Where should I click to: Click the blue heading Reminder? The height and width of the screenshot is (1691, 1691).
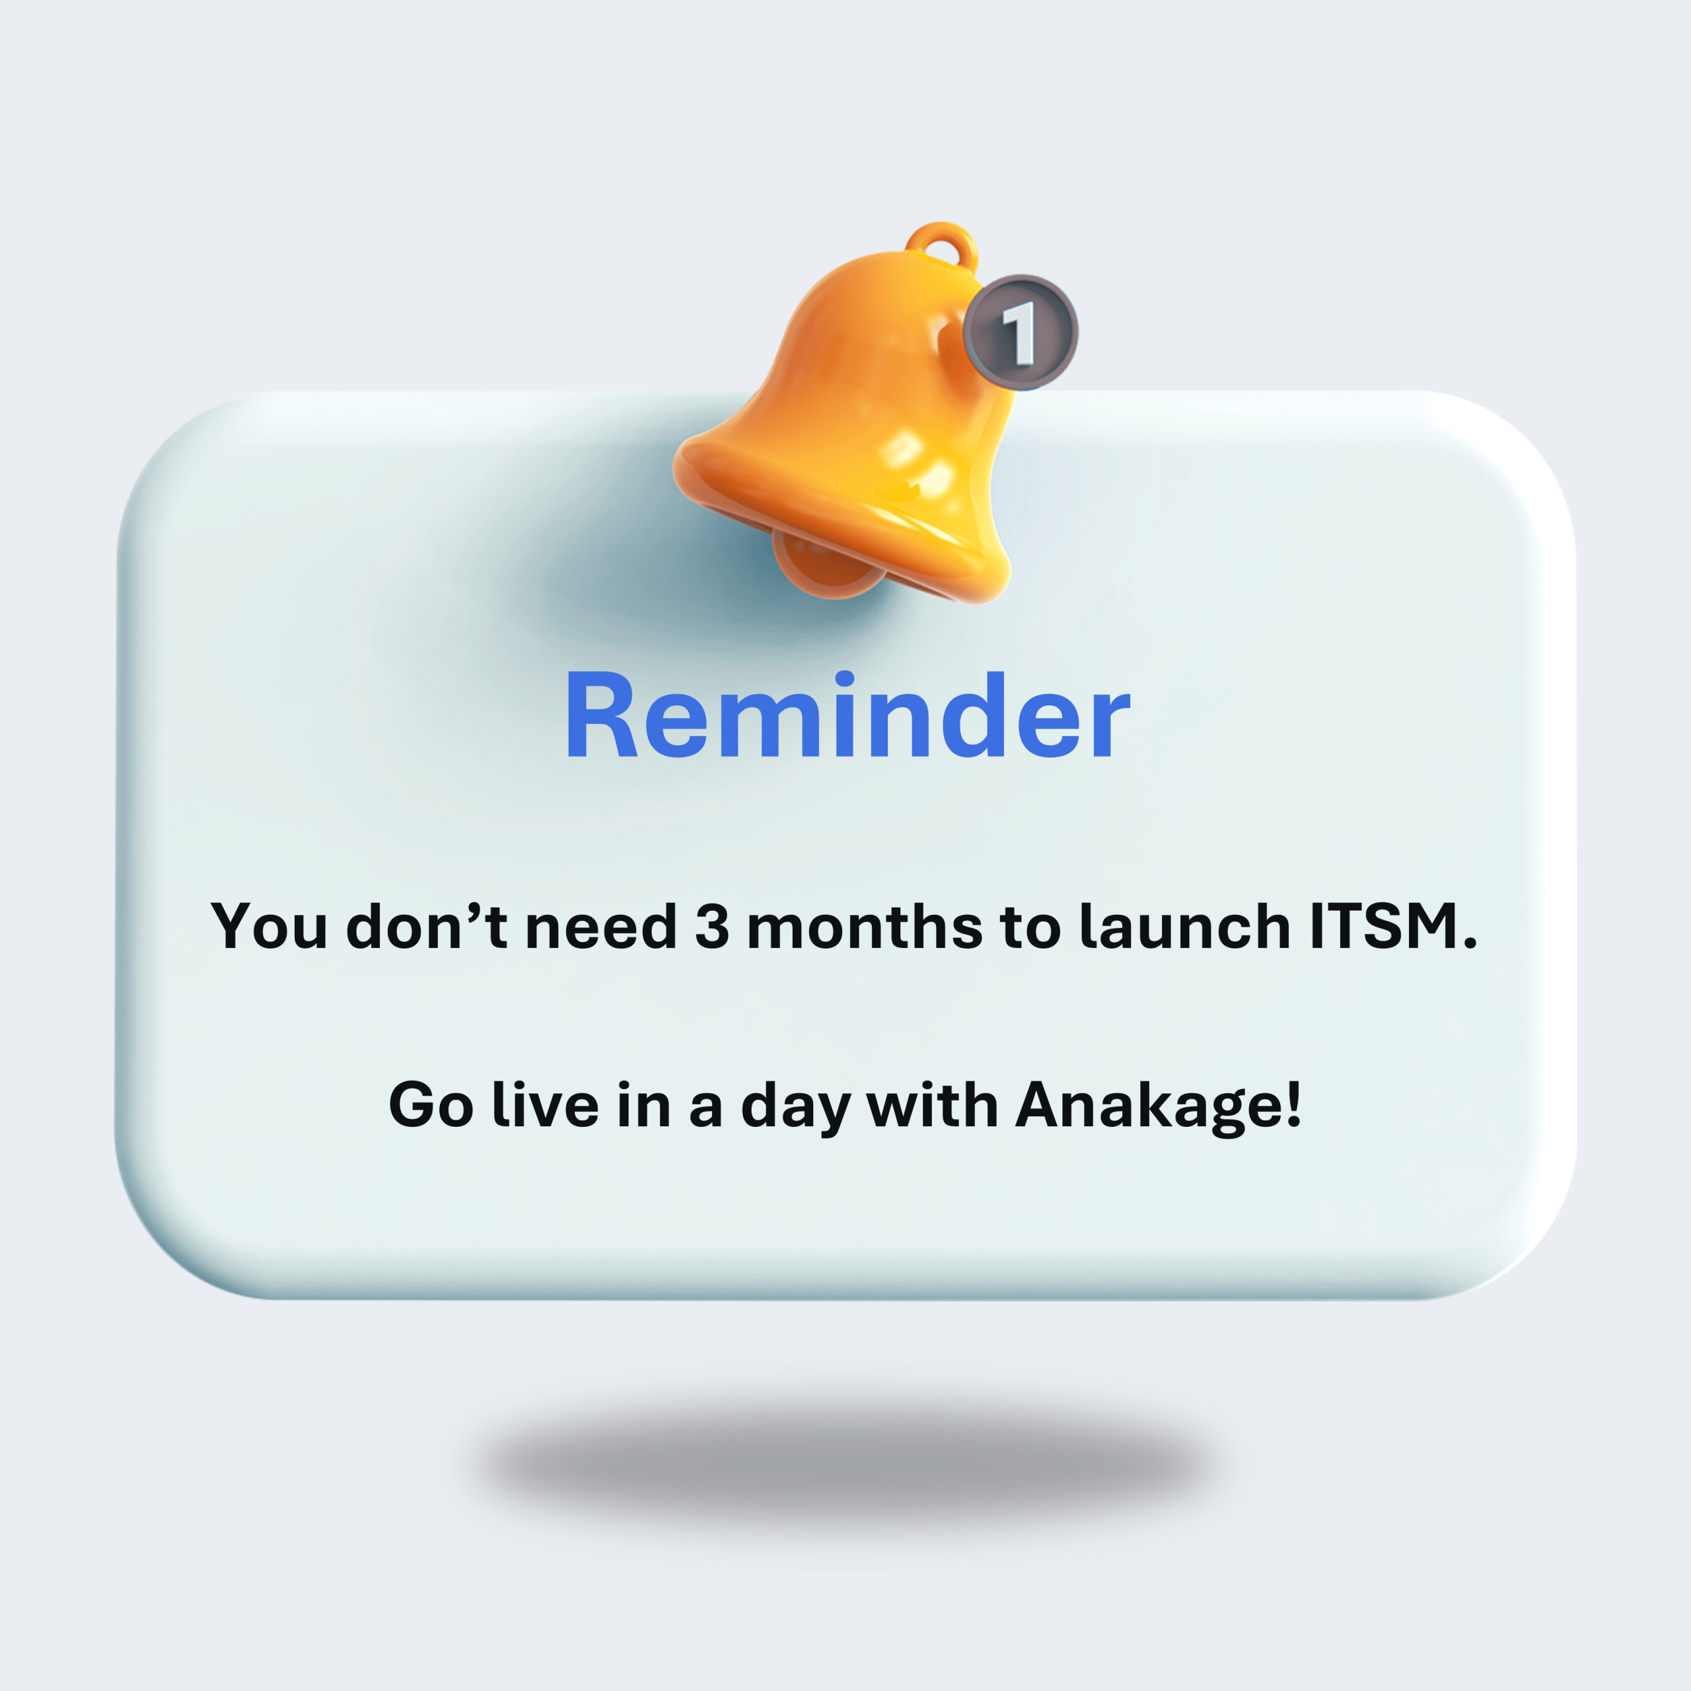[847, 715]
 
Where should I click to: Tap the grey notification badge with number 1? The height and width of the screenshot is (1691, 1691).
[1021, 332]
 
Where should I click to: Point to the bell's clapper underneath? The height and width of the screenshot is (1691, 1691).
[827, 565]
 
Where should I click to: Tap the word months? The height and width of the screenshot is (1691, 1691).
[865, 925]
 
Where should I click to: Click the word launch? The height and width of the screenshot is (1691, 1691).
[1185, 925]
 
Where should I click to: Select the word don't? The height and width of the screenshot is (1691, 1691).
[427, 925]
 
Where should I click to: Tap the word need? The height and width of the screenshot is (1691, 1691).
[601, 925]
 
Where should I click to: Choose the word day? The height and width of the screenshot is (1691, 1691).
[795, 1106]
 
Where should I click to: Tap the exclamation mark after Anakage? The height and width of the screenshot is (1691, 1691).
[1293, 1104]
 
